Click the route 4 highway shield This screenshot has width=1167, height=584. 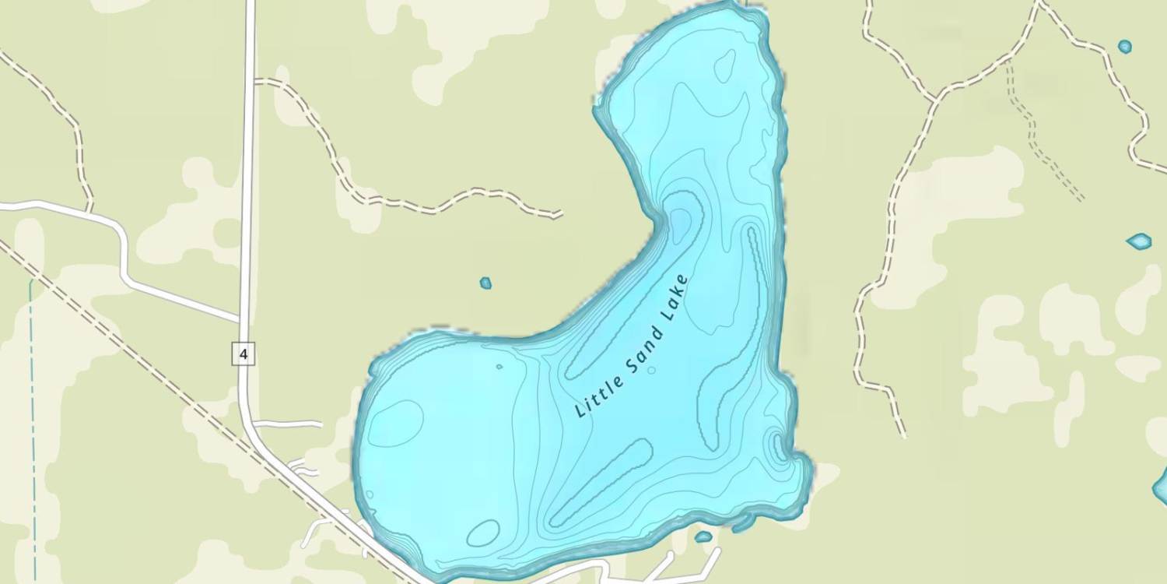(x=244, y=354)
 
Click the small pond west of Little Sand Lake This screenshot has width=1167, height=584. (x=485, y=283)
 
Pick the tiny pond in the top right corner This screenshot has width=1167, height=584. (x=1125, y=47)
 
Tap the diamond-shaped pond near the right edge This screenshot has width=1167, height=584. (x=1140, y=241)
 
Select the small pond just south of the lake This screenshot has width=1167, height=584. (x=703, y=537)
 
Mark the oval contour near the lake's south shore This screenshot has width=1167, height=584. (x=483, y=533)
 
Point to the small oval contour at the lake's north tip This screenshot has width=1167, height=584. (x=725, y=65)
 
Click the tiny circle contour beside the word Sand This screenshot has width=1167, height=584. (x=651, y=370)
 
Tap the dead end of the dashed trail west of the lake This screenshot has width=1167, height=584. (x=560, y=214)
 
